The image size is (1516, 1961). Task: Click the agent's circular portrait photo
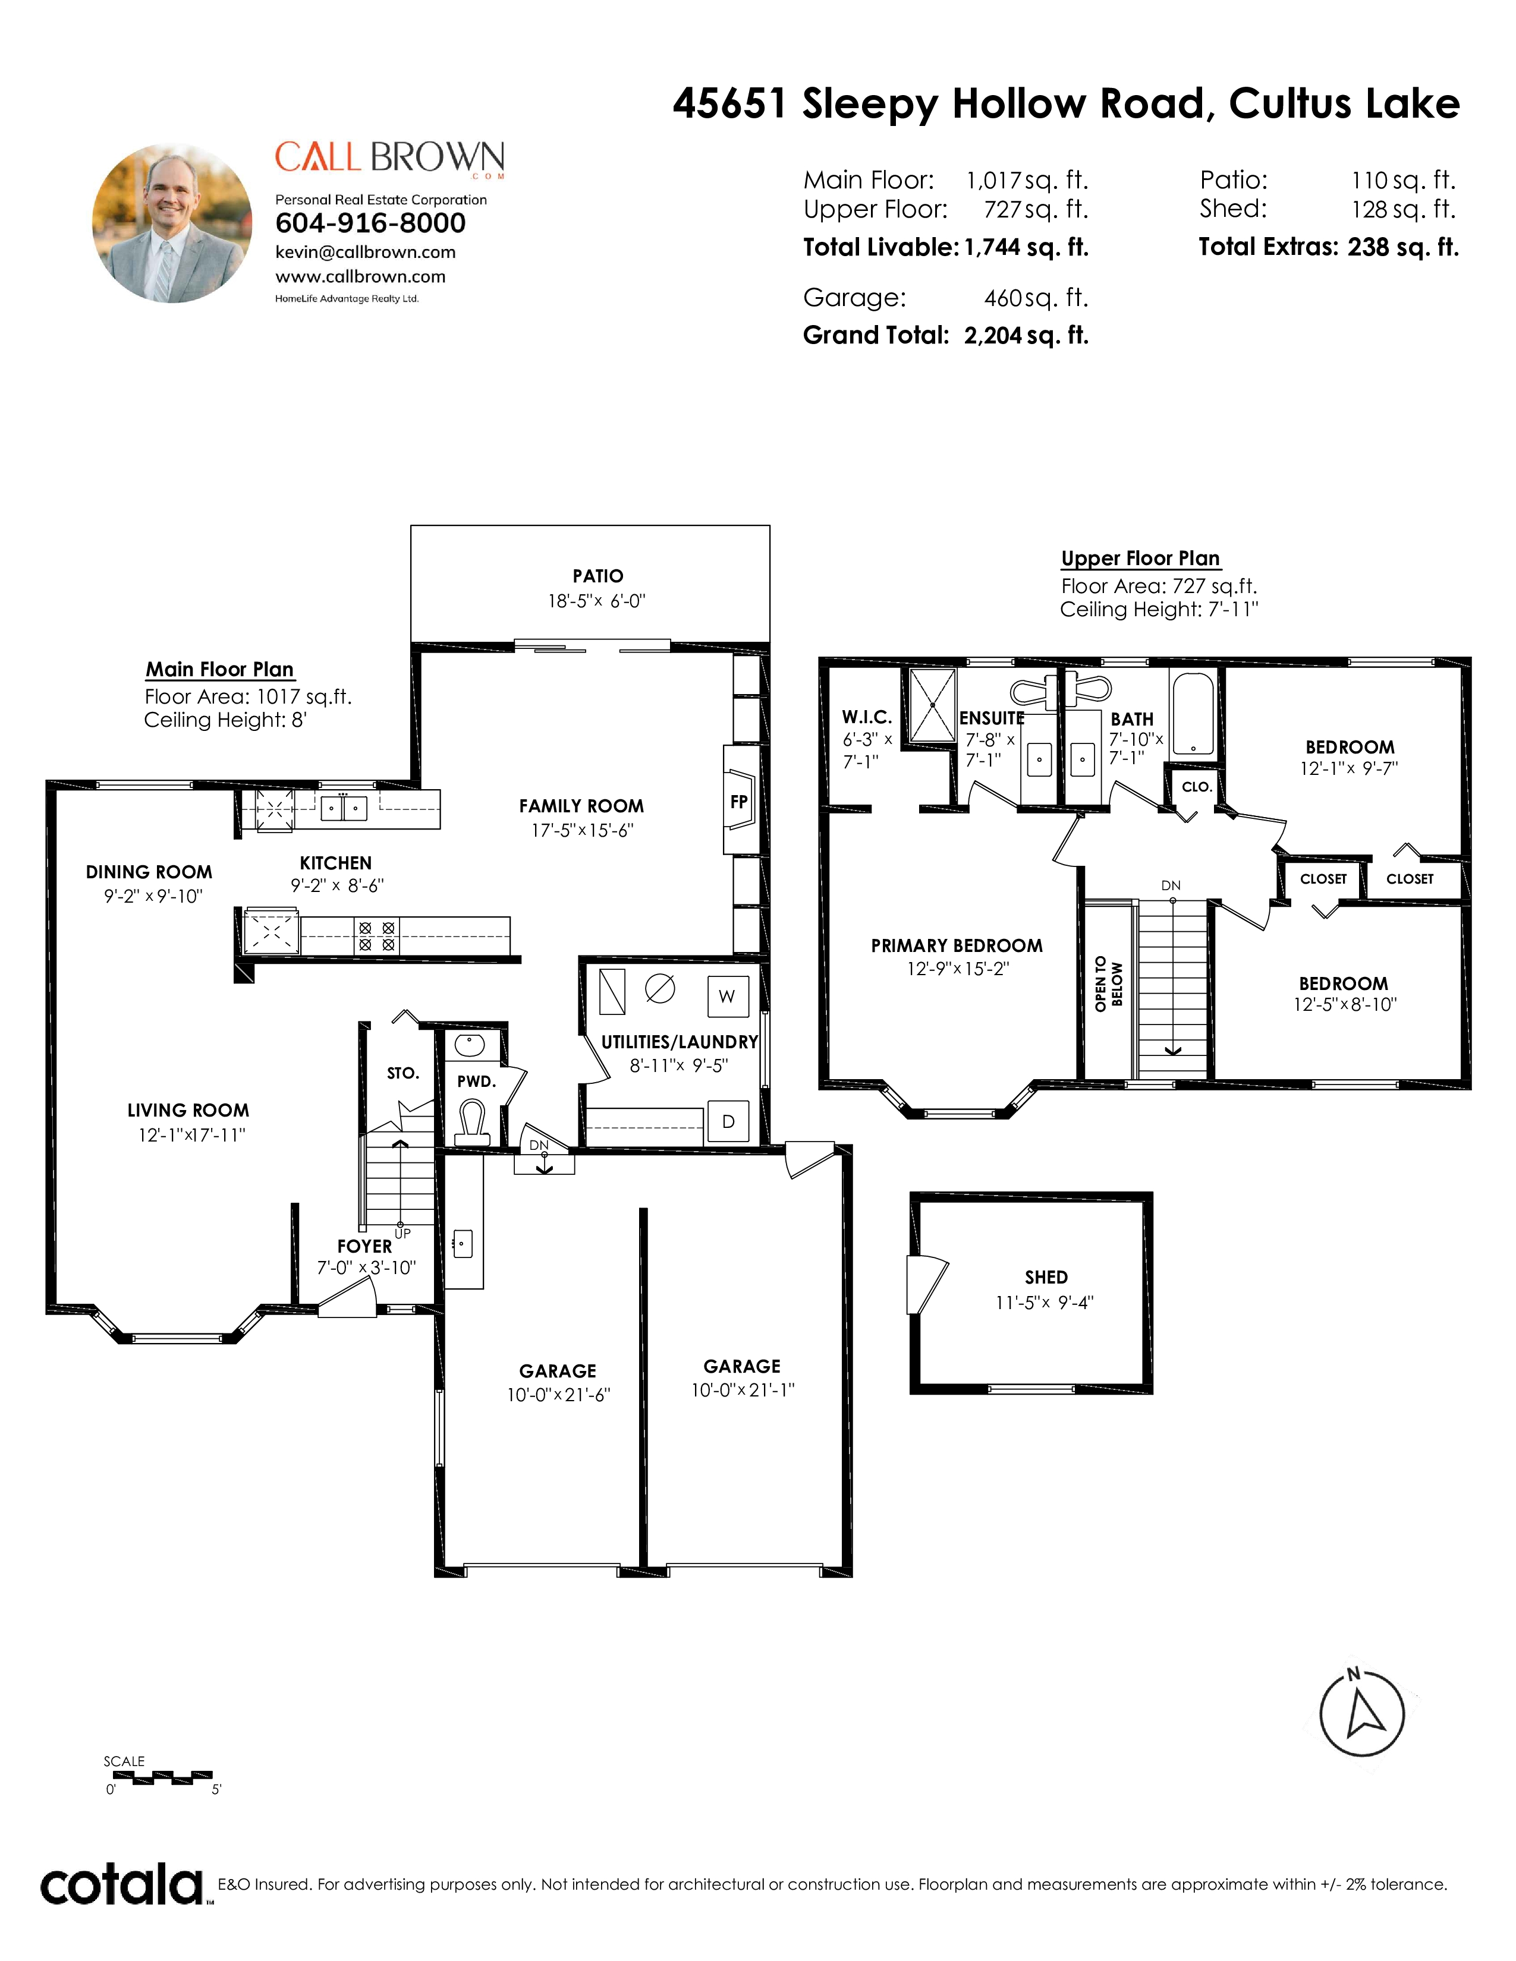[x=172, y=223]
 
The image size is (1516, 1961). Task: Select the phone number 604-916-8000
[x=370, y=223]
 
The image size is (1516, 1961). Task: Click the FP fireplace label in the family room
[x=739, y=802]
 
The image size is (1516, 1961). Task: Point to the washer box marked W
[x=728, y=996]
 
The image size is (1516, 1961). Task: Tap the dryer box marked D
[x=728, y=1121]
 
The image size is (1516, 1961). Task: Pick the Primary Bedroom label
[x=957, y=945]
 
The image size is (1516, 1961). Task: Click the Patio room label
[x=598, y=576]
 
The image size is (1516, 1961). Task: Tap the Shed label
[x=1046, y=1277]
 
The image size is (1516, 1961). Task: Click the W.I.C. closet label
[x=867, y=717]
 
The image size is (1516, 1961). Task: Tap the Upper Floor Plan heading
[x=1141, y=559]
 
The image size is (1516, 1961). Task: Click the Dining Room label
[x=149, y=872]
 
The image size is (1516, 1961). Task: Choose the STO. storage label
[x=403, y=1073]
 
